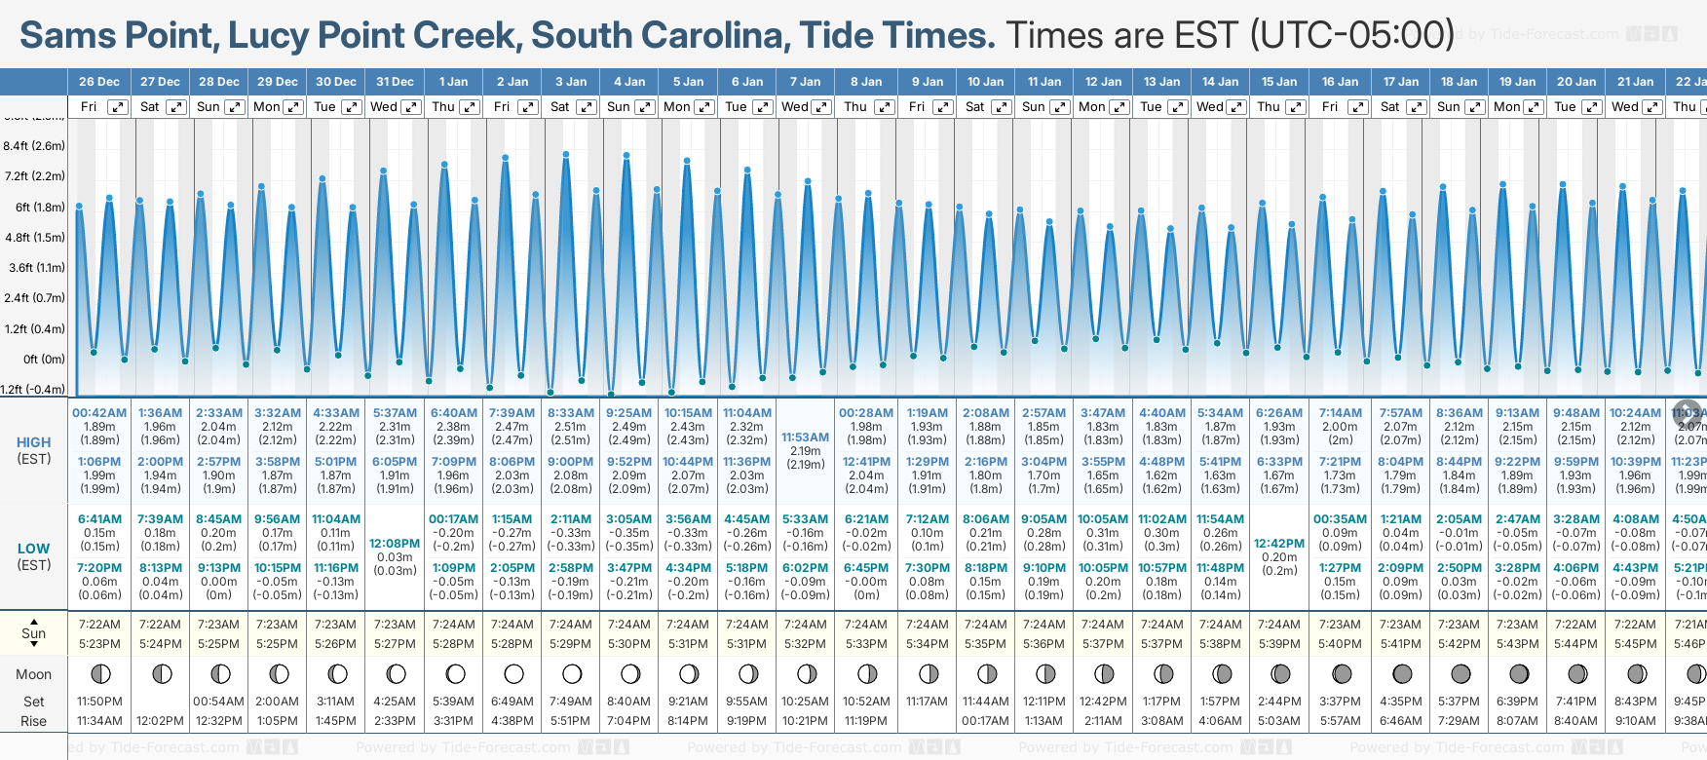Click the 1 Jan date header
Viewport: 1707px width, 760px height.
pos(453,82)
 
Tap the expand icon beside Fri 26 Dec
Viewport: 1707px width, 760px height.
pos(117,107)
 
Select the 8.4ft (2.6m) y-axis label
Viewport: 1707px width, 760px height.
pos(34,146)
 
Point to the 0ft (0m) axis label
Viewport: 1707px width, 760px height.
pos(44,359)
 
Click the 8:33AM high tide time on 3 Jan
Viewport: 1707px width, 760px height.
pos(570,413)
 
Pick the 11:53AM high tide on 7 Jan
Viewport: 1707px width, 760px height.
pos(805,437)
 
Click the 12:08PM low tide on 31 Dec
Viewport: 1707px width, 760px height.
pos(395,544)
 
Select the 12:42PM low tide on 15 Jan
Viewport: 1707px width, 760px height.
pos(1278,544)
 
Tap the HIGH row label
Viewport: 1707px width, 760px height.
pos(34,442)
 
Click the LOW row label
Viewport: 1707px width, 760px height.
pos(34,549)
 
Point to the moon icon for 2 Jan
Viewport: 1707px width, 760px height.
pos(513,673)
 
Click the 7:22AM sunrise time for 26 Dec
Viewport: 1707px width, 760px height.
pos(99,625)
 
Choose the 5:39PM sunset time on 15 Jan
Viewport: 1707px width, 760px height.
pos(1278,644)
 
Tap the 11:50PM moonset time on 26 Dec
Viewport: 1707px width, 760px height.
pos(99,702)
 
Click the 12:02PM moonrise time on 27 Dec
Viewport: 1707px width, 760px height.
pos(160,721)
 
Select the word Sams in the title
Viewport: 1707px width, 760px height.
pos(66,35)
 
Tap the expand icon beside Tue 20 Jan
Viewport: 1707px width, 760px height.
pos(1591,107)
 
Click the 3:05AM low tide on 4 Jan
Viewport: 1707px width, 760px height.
pos(628,519)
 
